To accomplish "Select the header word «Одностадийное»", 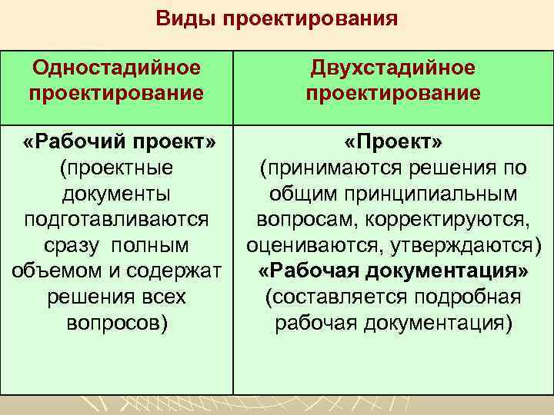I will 116,68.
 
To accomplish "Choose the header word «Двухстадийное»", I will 393,68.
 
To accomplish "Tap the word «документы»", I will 116,194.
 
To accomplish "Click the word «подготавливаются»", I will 116,220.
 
